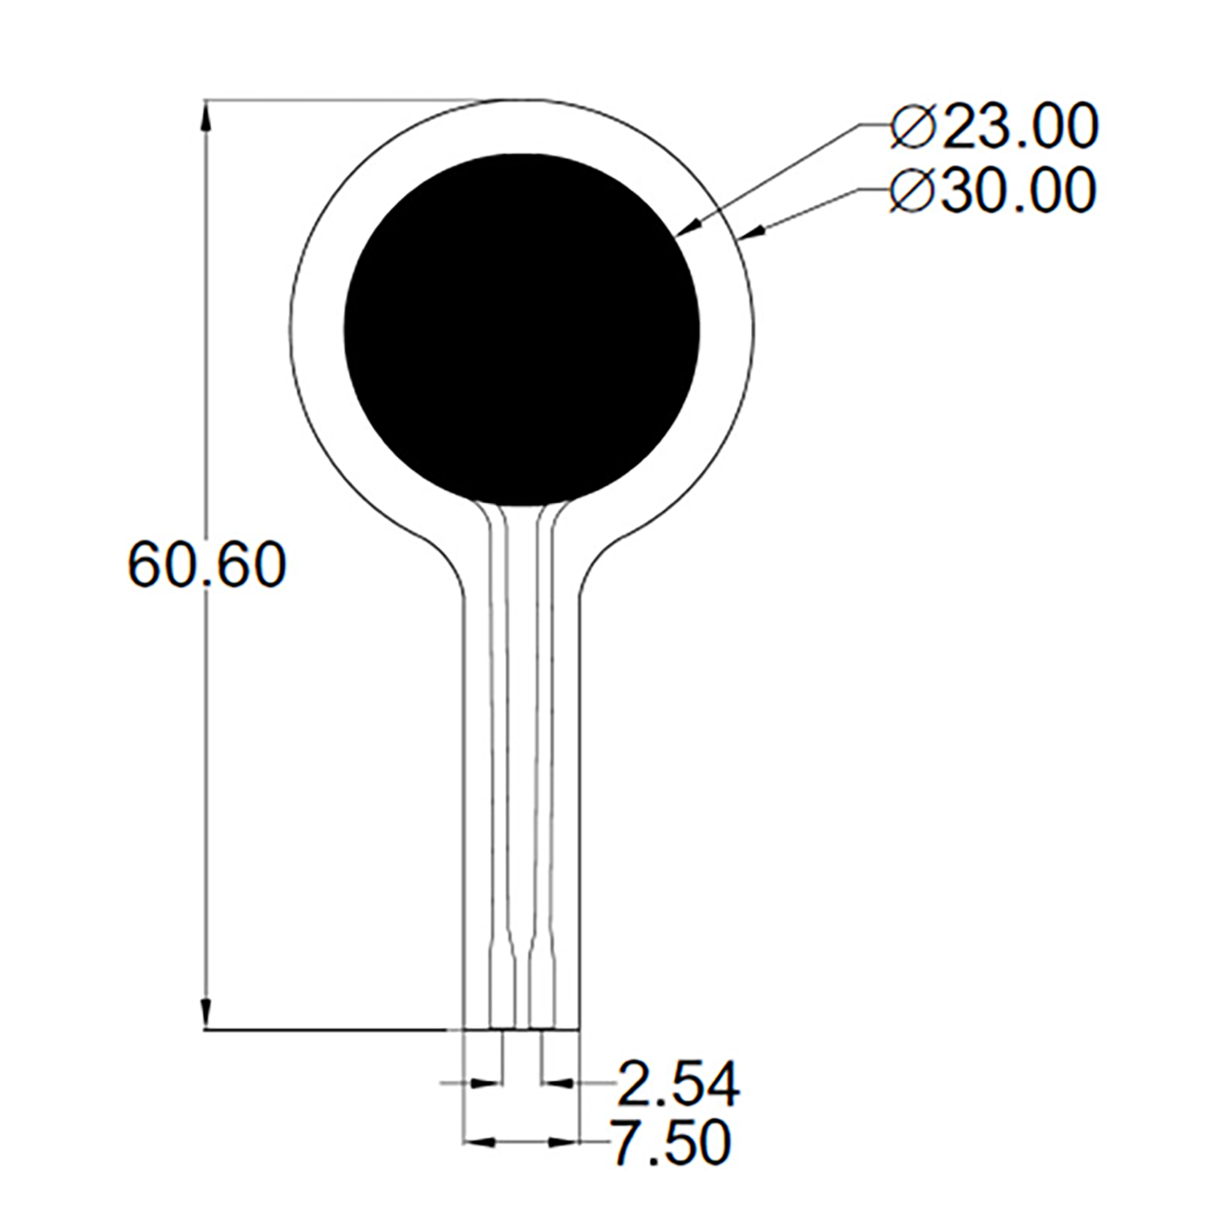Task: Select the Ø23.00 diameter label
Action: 994,127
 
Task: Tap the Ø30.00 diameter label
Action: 993,190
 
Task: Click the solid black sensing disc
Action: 521,331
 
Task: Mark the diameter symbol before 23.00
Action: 913,127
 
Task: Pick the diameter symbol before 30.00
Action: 913,190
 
